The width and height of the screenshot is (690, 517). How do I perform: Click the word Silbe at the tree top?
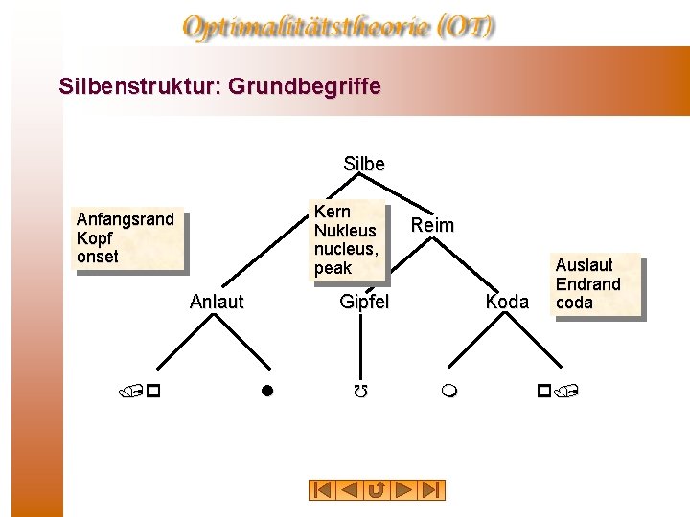(x=364, y=165)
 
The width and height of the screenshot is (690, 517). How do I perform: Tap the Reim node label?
(x=432, y=225)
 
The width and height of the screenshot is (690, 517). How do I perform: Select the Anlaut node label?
(x=217, y=303)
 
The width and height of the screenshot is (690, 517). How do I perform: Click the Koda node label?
(x=507, y=303)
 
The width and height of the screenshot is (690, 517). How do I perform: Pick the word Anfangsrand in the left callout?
(x=126, y=219)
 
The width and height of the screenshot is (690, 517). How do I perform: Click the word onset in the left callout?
(x=98, y=257)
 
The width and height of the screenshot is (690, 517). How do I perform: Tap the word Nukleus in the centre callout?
(x=345, y=231)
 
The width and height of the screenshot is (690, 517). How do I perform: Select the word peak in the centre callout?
(x=333, y=269)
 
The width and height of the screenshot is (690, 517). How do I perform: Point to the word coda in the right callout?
(x=574, y=303)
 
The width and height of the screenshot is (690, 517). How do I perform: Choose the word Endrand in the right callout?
(x=588, y=284)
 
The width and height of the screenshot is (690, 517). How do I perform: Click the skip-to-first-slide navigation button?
(x=322, y=490)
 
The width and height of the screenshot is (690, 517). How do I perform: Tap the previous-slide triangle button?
(x=350, y=490)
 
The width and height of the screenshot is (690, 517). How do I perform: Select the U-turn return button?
(x=378, y=490)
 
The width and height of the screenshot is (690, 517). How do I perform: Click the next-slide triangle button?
(x=405, y=490)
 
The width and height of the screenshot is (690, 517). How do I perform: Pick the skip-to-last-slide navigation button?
(x=433, y=490)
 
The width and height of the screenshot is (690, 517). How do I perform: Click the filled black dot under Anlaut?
(x=269, y=391)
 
